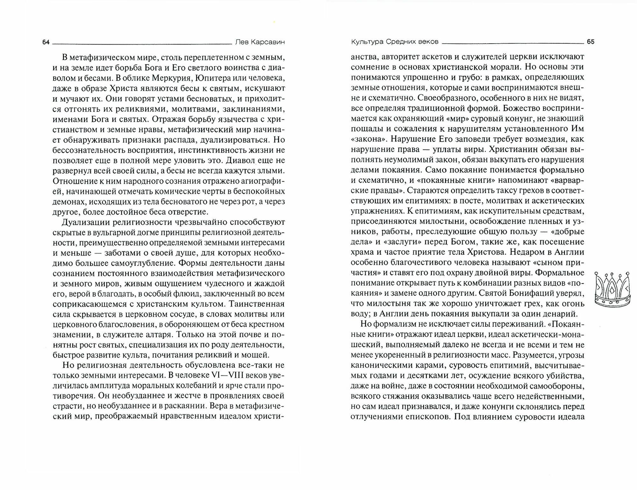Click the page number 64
pyautogui.click(x=46, y=42)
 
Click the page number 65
pyautogui.click(x=590, y=42)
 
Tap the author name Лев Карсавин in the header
pyautogui.click(x=259, y=42)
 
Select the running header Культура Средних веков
pyautogui.click(x=395, y=42)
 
